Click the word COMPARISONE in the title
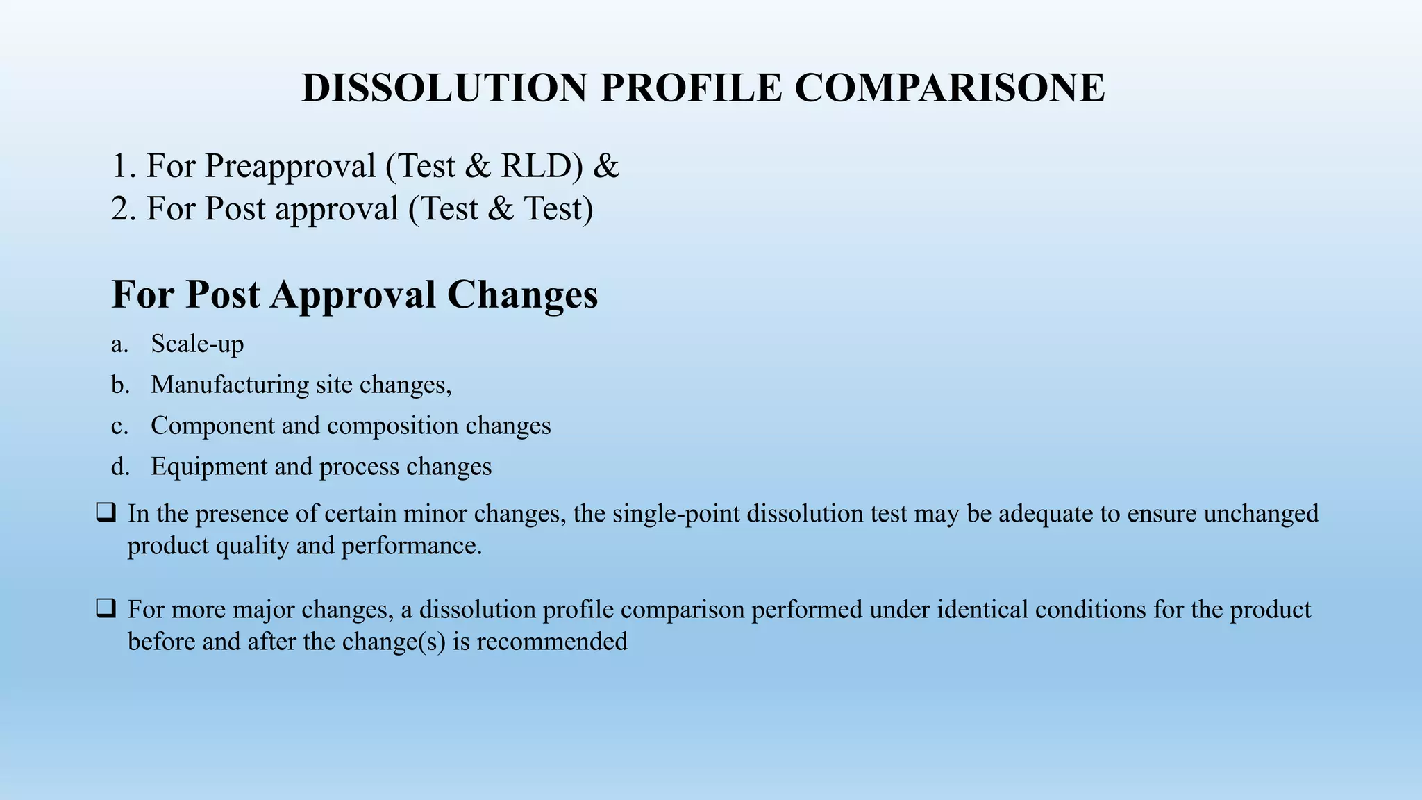click(949, 88)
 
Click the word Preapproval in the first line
click(290, 167)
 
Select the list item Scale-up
click(197, 344)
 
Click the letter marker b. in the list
click(120, 385)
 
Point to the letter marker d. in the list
click(120, 467)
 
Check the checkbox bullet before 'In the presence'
click(106, 513)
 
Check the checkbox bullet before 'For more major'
click(106, 609)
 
